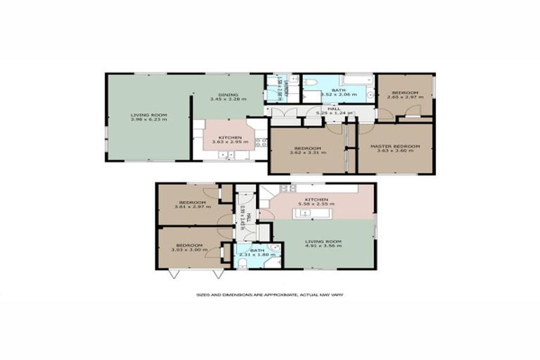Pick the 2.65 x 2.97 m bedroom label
(405, 96)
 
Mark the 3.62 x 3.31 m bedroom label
(307, 150)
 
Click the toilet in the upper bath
(310, 83)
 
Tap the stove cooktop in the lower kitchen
(285, 188)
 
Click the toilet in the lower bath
(243, 263)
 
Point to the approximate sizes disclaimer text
(269, 295)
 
